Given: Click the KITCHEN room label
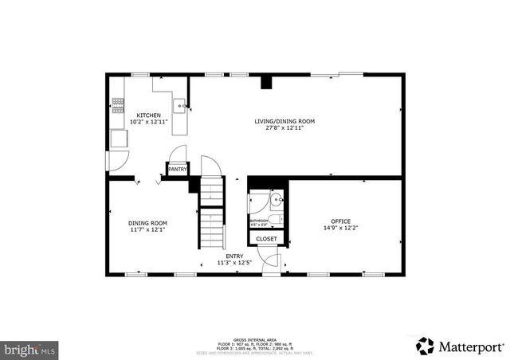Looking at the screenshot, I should pos(148,115).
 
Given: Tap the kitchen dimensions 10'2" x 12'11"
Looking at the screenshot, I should pos(148,122).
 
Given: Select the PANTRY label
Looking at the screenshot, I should pos(177,169).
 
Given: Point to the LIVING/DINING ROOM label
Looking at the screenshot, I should pos(284,121).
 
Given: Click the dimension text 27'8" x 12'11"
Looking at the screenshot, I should pos(284,127).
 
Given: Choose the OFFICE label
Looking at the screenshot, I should pos(340,221).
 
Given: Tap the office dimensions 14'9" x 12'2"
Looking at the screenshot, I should pos(340,228).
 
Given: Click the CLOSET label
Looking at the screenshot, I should pos(266,238).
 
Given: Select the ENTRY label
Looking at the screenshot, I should pos(234,256).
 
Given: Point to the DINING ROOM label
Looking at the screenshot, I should pos(148,222).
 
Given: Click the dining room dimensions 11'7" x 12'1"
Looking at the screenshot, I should pos(148,229).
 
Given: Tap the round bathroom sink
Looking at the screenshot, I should pos(274,200).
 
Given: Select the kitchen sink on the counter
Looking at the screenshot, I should pos(181,104).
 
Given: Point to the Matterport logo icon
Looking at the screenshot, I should pos(426,346).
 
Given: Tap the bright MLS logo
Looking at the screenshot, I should pos(30,349).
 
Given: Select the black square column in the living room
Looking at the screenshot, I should pos(267,81).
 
